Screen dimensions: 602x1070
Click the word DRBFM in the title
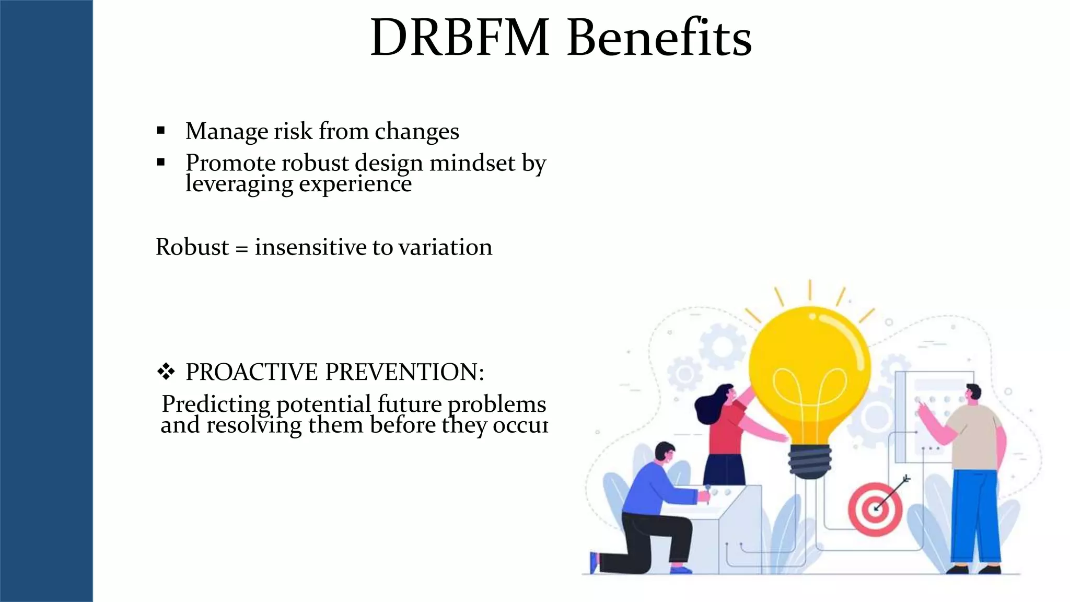pyautogui.click(x=460, y=38)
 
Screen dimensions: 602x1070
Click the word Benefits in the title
pyautogui.click(x=659, y=38)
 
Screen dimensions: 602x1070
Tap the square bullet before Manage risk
pyautogui.click(x=161, y=131)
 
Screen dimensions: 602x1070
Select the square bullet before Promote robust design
pyautogui.click(x=161, y=163)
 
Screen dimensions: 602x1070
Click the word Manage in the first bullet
pyautogui.click(x=226, y=132)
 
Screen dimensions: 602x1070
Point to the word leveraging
pyautogui.click(x=239, y=184)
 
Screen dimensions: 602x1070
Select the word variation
pyautogui.click(x=445, y=247)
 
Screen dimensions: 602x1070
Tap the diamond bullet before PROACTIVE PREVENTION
pyautogui.click(x=166, y=372)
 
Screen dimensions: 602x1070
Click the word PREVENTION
pyautogui.click(x=405, y=372)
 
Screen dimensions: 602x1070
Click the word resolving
pyautogui.click(x=254, y=425)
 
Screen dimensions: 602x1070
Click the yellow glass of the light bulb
pyautogui.click(x=809, y=361)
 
